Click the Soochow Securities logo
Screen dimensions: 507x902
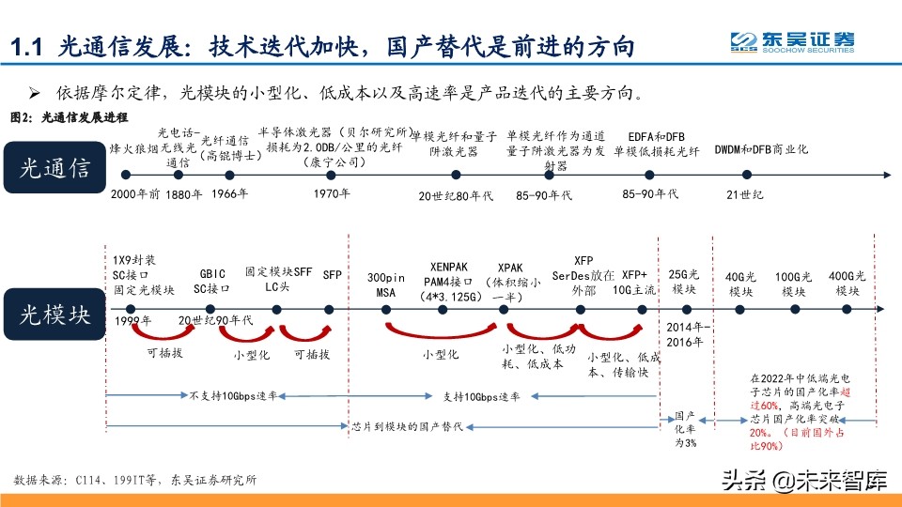pyautogui.click(x=793, y=43)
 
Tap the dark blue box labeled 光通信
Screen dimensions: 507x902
pyautogui.click(x=55, y=168)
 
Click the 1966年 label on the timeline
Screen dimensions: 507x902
pyautogui.click(x=230, y=194)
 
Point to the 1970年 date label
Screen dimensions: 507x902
pyautogui.click(x=332, y=194)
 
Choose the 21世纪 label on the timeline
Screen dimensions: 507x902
pyautogui.click(x=746, y=194)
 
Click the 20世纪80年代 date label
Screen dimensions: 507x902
pyautogui.click(x=454, y=195)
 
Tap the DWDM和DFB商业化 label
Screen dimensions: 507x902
pyautogui.click(x=761, y=149)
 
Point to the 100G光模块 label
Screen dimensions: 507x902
pyautogui.click(x=794, y=284)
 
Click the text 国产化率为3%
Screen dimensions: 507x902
pyautogui.click(x=686, y=428)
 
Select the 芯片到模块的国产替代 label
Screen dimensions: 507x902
pyautogui.click(x=407, y=426)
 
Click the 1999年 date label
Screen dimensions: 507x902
pyautogui.click(x=132, y=321)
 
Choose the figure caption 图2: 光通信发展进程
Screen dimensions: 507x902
pyautogui.click(x=68, y=117)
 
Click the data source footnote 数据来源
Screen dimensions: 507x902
pyautogui.click(x=135, y=480)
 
